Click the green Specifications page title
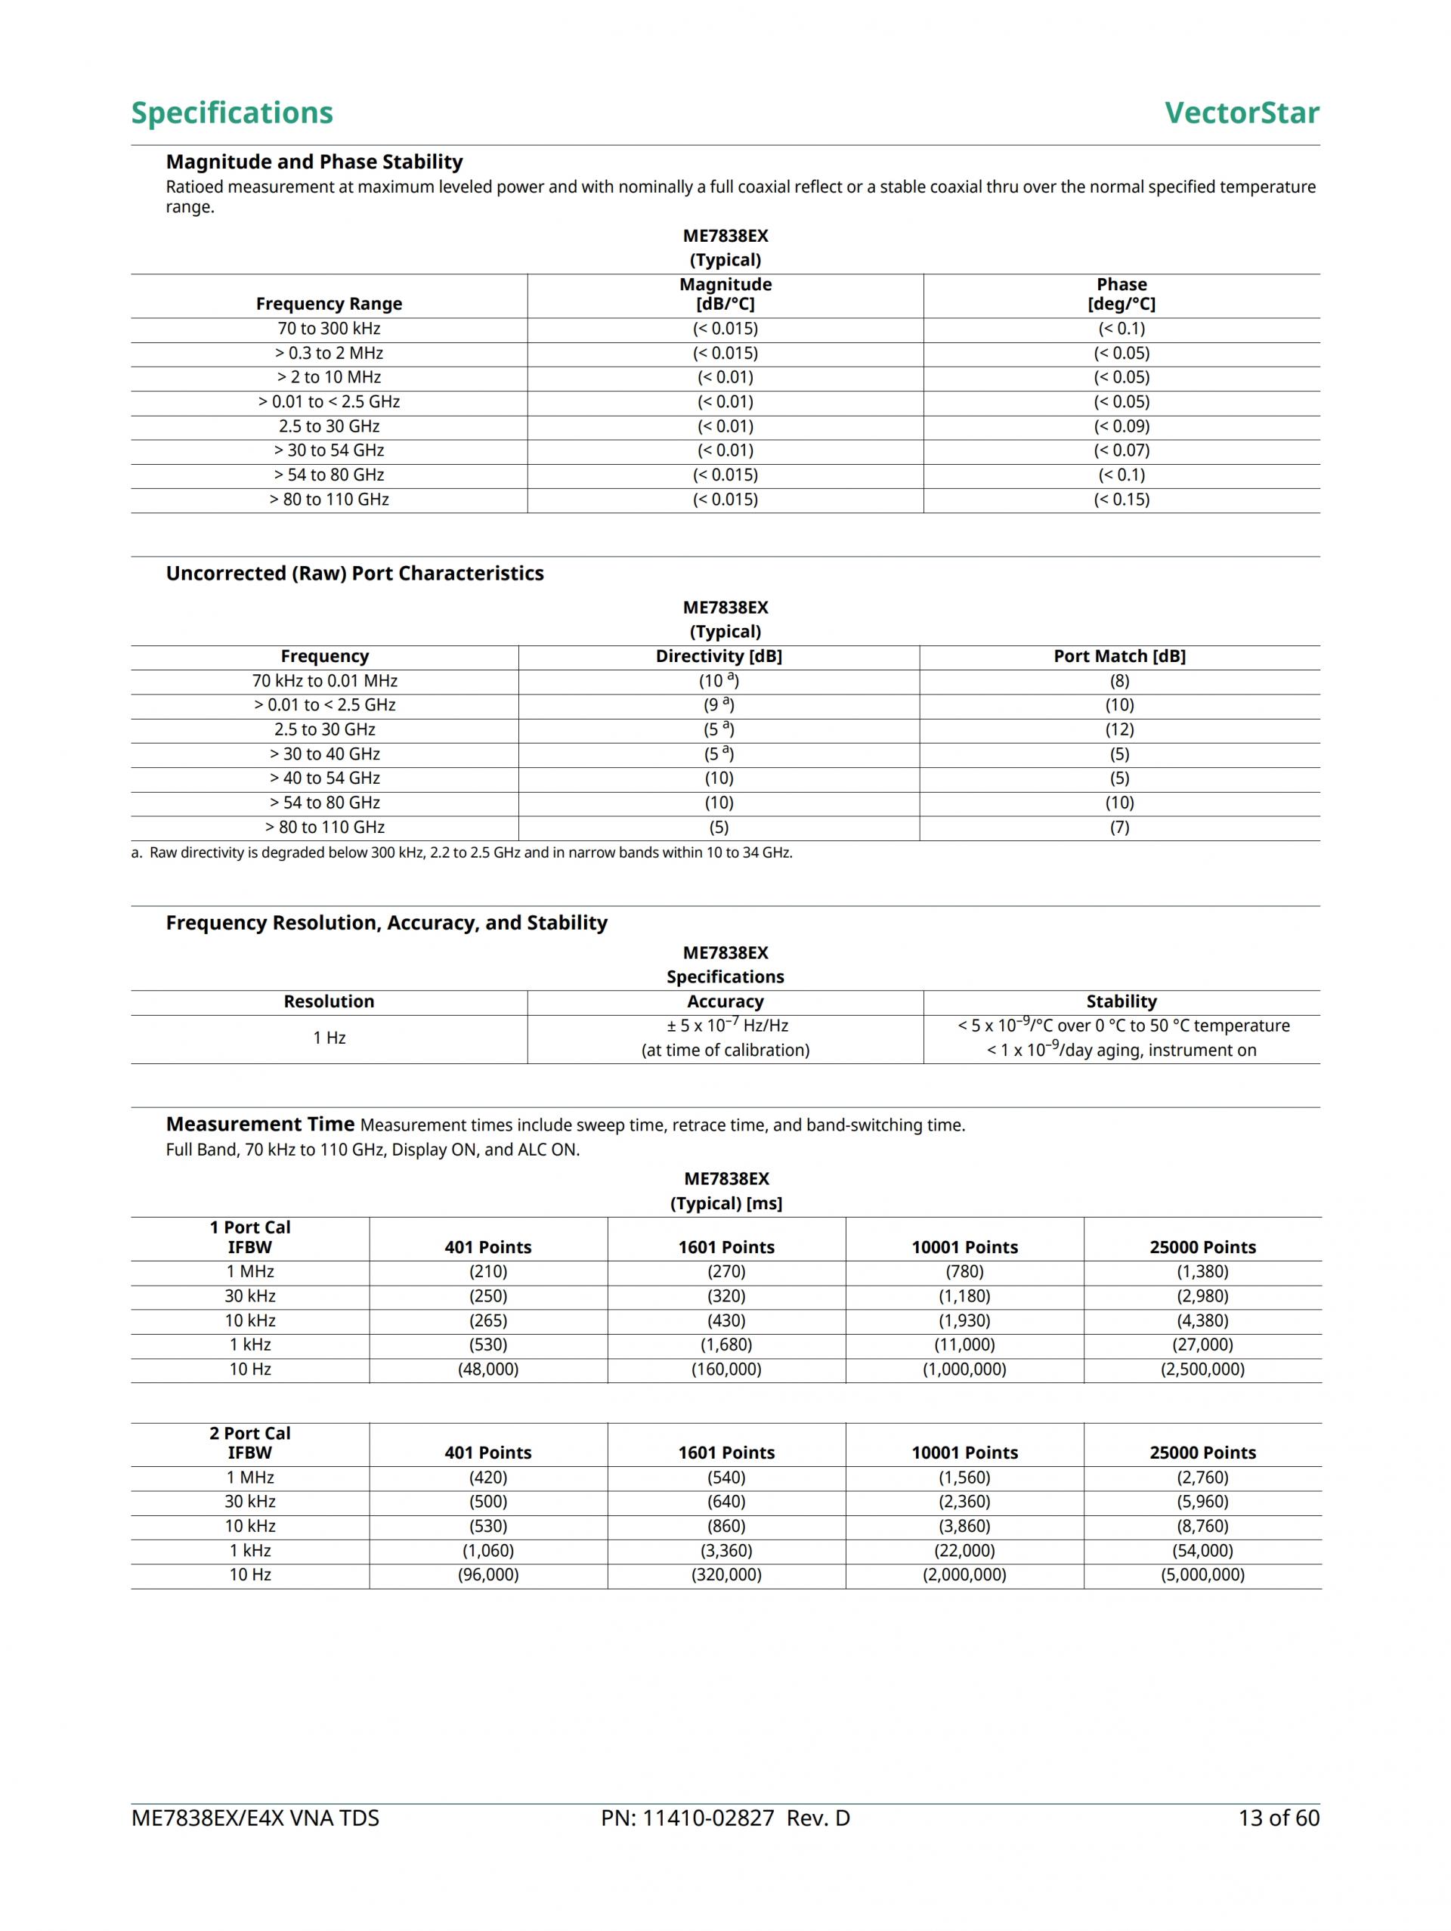coord(231,113)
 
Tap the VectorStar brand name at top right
coord(1241,113)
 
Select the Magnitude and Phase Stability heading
coord(314,162)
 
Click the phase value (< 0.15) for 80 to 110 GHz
coord(1121,500)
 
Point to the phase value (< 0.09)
coord(1121,426)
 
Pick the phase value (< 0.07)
coord(1121,450)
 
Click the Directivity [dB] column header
coord(719,657)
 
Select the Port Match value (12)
coord(1119,730)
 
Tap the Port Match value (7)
coord(1119,828)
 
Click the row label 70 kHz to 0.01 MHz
coord(325,681)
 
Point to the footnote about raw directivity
coord(462,853)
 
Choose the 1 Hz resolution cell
coord(329,1038)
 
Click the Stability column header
coord(1121,1001)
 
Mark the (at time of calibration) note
coord(725,1051)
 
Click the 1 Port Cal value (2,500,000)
coord(1202,1369)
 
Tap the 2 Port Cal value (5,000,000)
coord(1202,1576)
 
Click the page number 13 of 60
coord(1278,1818)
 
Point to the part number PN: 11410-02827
coord(687,1818)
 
